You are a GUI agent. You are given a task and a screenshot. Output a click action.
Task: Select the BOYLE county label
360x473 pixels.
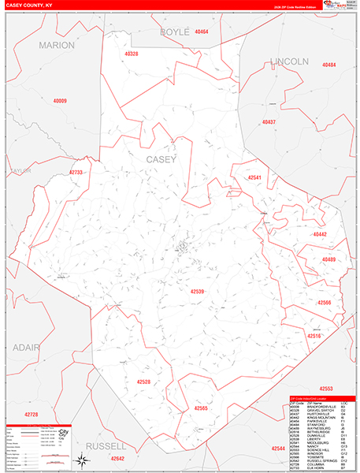point(174,32)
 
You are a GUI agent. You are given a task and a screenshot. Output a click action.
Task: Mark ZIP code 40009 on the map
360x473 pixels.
point(60,101)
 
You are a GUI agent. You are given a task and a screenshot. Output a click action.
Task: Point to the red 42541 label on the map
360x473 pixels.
point(254,179)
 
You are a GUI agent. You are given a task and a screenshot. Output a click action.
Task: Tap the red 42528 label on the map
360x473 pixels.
point(143,382)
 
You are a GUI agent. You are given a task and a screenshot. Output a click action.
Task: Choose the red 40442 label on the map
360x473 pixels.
point(319,235)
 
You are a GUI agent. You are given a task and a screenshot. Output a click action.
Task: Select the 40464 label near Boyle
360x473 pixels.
point(202,32)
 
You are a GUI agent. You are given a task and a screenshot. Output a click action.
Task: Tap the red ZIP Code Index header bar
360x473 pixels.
point(321,399)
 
